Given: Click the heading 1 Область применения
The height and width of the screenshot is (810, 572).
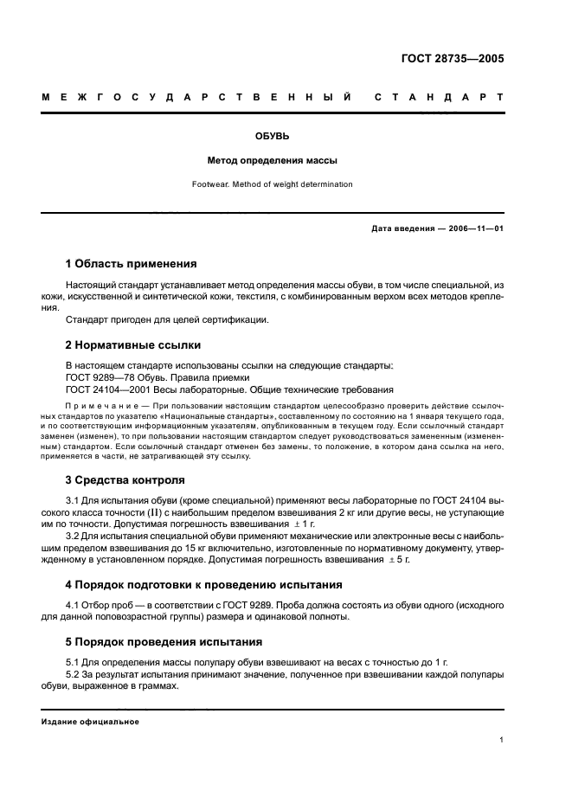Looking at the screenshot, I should click(132, 263).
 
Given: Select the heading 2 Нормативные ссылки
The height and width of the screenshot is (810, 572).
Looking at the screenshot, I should click(127, 344).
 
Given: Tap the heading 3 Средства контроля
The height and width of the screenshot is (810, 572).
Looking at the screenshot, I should click(125, 479).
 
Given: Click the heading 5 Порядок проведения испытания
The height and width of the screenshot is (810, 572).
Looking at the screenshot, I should click(167, 642).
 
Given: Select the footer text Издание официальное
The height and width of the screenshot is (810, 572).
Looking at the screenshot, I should click(91, 720).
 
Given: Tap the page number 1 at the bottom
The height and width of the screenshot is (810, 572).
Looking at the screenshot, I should click(501, 740).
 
